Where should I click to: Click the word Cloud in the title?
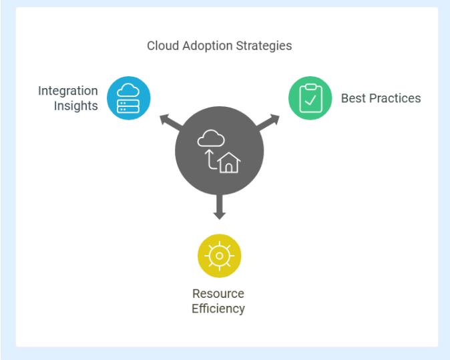coord(163,45)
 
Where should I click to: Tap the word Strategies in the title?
coord(264,46)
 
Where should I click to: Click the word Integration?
coord(68,91)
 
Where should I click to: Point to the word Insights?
coord(75,106)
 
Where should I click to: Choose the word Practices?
coord(395,98)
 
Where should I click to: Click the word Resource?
coord(218,294)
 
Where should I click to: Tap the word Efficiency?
coord(218,309)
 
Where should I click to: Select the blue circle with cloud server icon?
coord(129,98)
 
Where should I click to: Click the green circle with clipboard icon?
coord(310,98)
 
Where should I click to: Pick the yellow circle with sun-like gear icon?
coord(219,256)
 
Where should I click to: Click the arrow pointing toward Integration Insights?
coord(171,122)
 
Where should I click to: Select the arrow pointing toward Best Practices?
coord(268,122)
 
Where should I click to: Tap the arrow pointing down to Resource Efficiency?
coord(219,207)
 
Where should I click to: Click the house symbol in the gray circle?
coord(229,163)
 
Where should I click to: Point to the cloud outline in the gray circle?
coord(211,138)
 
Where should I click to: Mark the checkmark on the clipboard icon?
coord(310,100)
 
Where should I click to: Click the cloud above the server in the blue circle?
coord(128,90)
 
